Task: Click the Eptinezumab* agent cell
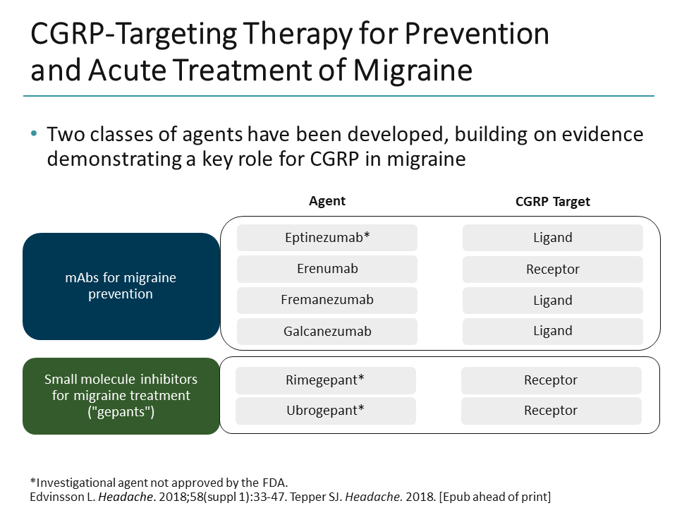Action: [x=327, y=238]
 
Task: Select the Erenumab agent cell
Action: [x=327, y=269]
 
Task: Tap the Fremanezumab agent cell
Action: [x=327, y=300]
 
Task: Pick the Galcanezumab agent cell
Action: [x=327, y=331]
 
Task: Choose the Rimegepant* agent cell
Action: [x=325, y=380]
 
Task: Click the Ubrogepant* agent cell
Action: [x=325, y=411]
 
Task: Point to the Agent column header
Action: [x=327, y=201]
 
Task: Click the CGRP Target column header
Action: [x=552, y=202]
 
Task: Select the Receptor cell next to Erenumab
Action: [x=552, y=269]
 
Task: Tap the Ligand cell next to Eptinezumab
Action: [x=552, y=238]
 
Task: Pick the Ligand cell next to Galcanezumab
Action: [x=552, y=331]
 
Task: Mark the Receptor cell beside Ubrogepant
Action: [x=551, y=411]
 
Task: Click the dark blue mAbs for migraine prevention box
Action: [x=121, y=286]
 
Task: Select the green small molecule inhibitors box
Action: [x=121, y=396]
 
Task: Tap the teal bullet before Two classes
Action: [x=34, y=135]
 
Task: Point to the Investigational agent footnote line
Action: [x=159, y=483]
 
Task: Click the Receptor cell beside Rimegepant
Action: [x=551, y=380]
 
